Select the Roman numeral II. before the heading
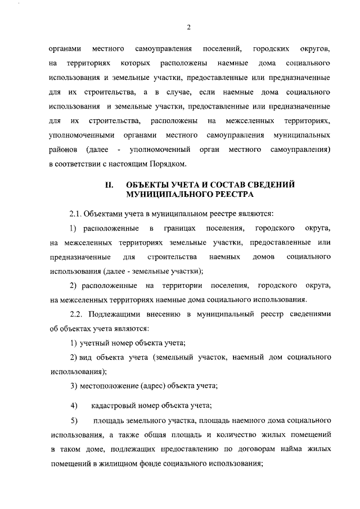click(x=110, y=184)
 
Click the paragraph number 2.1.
click(x=76, y=214)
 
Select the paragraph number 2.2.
click(x=78, y=313)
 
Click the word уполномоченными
click(x=82, y=135)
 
